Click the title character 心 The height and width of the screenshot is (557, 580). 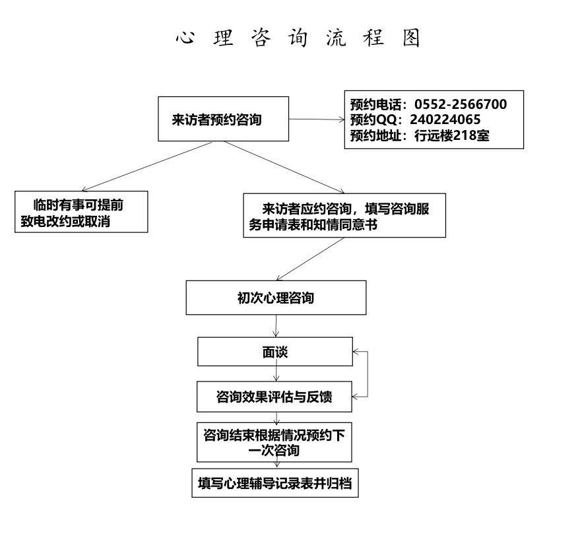pos(185,38)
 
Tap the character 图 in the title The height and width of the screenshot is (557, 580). pos(411,38)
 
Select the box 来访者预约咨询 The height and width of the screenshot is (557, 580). pos(224,119)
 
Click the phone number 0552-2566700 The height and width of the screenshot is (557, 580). pos(461,104)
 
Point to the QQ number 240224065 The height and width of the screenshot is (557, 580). pos(445,119)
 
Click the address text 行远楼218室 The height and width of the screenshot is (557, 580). pos(451,135)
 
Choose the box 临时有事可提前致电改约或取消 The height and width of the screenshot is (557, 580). pos(81,212)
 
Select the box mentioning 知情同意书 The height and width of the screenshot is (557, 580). pos(344,215)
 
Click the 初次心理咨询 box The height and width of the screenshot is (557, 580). pos(276,298)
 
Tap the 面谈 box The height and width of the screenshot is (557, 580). pos(275,352)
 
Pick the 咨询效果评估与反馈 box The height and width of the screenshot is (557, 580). pos(274,397)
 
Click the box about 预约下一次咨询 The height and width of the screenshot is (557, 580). pos(274,442)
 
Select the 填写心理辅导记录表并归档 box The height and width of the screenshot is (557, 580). pos(275,483)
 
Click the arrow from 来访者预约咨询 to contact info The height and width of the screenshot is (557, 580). pos(317,119)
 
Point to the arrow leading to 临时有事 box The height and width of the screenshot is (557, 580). pos(147,166)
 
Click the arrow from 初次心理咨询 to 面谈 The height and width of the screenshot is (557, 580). pos(276,326)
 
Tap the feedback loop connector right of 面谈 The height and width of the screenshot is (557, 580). pos(368,374)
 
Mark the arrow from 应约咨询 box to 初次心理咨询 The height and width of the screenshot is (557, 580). pos(310,259)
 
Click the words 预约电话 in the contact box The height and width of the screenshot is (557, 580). pos(375,104)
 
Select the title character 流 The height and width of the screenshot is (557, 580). pos(336,38)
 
